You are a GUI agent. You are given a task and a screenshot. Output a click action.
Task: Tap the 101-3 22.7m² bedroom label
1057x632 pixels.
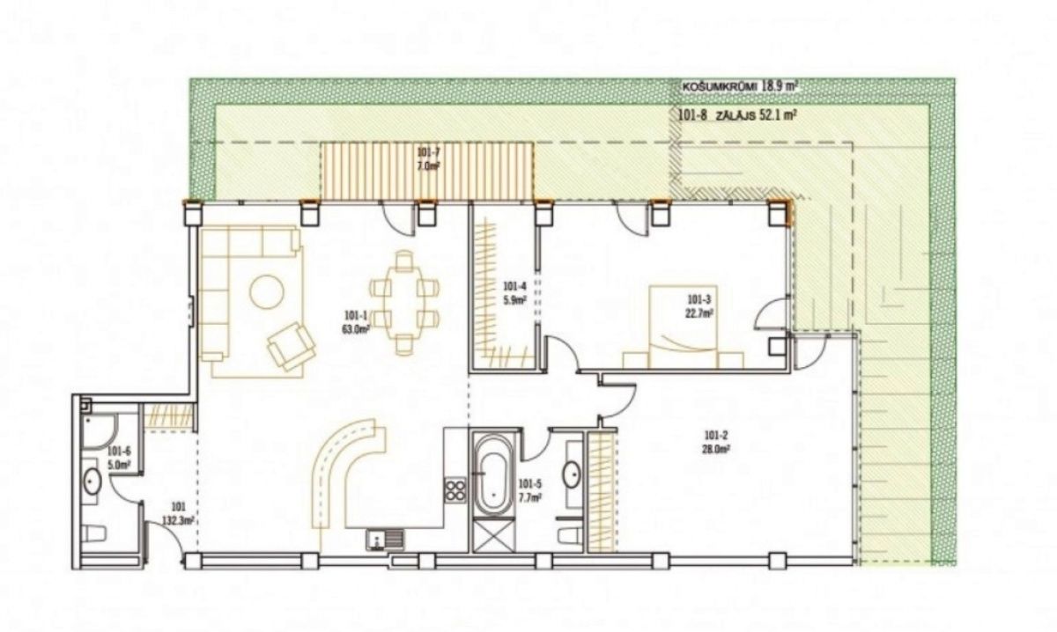(700, 304)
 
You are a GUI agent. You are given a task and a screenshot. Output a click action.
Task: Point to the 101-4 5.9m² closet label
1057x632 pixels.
(514, 292)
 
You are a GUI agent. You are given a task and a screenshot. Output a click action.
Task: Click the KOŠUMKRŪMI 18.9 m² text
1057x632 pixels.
(740, 87)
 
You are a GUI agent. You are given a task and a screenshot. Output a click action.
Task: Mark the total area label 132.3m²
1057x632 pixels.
(177, 513)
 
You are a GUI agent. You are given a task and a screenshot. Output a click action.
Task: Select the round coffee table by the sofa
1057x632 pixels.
(267, 291)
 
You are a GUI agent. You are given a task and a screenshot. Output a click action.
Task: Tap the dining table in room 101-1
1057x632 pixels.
(404, 302)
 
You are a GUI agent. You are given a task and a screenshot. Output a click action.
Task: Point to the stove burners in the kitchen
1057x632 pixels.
(455, 489)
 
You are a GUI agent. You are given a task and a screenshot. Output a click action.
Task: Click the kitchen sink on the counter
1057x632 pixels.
(384, 538)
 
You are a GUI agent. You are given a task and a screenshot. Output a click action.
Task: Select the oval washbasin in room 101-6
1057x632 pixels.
(92, 481)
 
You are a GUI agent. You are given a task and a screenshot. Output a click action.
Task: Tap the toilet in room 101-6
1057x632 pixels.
(94, 532)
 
